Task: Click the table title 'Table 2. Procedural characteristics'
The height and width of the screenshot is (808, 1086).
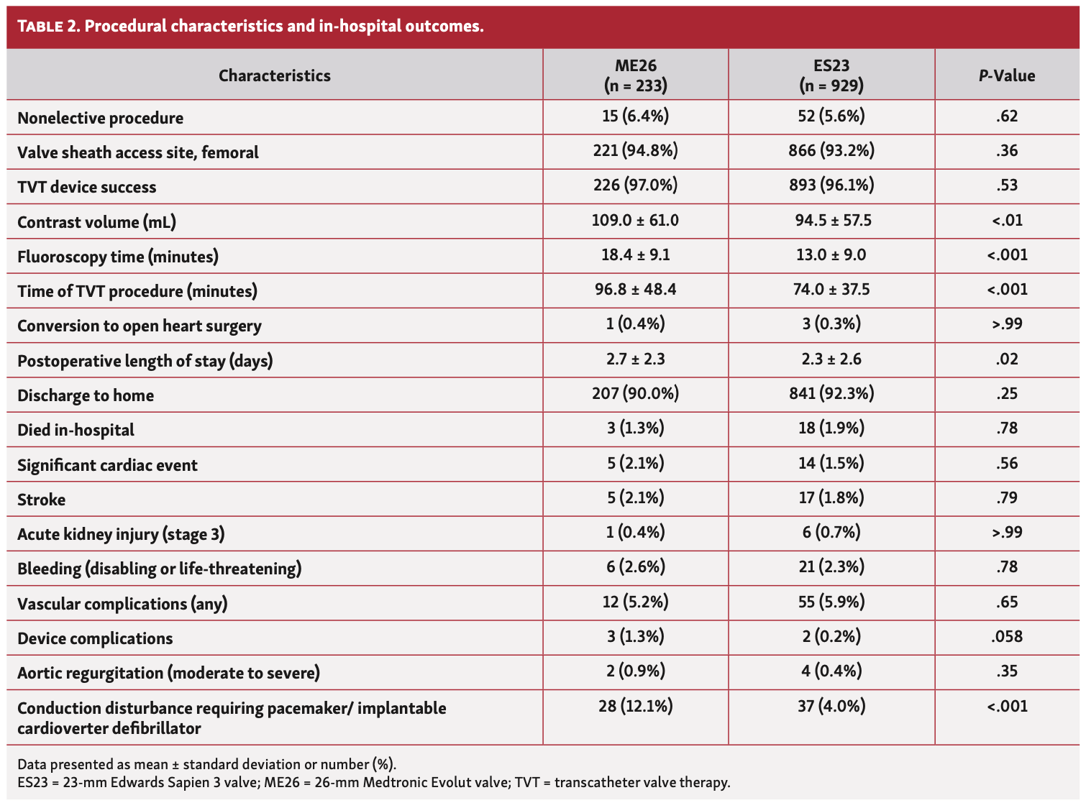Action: tap(250, 27)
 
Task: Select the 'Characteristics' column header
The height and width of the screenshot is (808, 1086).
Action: tap(274, 75)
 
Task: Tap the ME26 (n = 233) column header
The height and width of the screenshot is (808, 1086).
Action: tap(635, 75)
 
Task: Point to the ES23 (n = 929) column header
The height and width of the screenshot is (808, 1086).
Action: tap(831, 75)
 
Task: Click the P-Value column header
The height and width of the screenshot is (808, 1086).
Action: tap(1006, 75)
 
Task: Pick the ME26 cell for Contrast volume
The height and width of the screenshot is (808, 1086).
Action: tap(635, 220)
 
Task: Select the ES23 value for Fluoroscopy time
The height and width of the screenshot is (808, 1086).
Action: tap(831, 254)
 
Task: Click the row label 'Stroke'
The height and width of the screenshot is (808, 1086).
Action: tap(42, 500)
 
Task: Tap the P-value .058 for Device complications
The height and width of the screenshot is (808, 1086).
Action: tap(1006, 636)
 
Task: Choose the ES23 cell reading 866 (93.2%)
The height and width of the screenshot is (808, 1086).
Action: tap(831, 150)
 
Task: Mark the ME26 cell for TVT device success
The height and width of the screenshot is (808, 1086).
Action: tap(635, 185)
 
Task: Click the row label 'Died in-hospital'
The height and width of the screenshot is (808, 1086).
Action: tap(76, 430)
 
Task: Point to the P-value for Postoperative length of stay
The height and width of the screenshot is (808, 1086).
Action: tap(1006, 359)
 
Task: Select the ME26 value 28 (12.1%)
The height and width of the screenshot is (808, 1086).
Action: tap(635, 706)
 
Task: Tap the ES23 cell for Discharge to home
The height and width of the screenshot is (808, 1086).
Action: tap(831, 393)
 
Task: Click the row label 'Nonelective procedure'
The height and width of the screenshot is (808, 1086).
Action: tap(101, 118)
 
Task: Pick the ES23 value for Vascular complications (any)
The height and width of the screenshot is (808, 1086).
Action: tap(831, 602)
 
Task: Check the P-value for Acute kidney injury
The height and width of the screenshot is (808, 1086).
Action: tap(1006, 532)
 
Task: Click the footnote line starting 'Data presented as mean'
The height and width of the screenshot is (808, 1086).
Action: tap(207, 763)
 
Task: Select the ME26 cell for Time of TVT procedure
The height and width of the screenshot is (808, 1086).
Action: tap(635, 289)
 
